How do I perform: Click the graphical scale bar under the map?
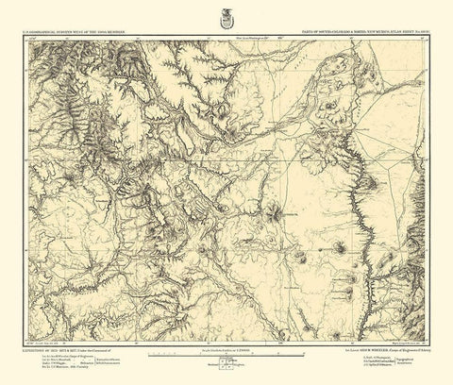[226, 359]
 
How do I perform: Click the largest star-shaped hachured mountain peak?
[275, 214]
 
